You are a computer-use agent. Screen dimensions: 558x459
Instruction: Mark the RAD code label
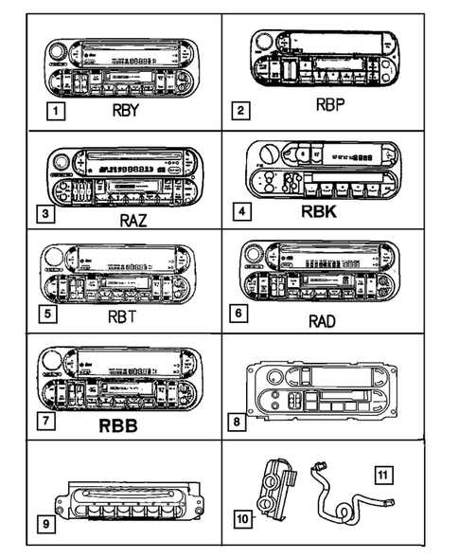(323, 320)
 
